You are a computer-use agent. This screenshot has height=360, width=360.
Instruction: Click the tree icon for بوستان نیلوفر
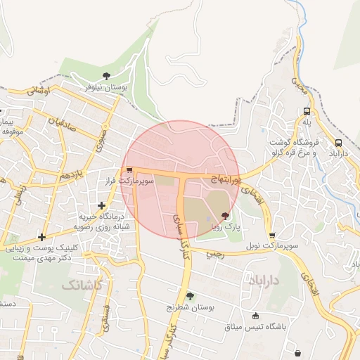[x=106, y=75]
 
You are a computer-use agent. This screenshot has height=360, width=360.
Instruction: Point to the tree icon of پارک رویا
[x=225, y=216]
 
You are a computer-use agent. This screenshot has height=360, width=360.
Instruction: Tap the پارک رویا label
[x=227, y=227]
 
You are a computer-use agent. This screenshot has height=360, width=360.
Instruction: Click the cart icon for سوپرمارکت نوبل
[x=272, y=236]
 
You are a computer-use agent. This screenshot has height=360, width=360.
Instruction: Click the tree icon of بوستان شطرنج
[x=189, y=296]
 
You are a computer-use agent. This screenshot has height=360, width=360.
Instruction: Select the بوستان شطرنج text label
[x=189, y=307]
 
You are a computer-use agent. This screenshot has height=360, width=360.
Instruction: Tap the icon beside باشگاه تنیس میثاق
[x=255, y=316]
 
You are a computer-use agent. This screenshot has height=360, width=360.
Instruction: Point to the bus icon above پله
[x=307, y=111]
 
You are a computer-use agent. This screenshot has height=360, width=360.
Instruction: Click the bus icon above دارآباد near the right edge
[x=339, y=142]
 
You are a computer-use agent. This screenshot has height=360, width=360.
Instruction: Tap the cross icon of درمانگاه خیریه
[x=103, y=206]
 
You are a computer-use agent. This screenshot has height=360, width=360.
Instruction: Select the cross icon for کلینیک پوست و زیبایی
[x=43, y=237]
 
